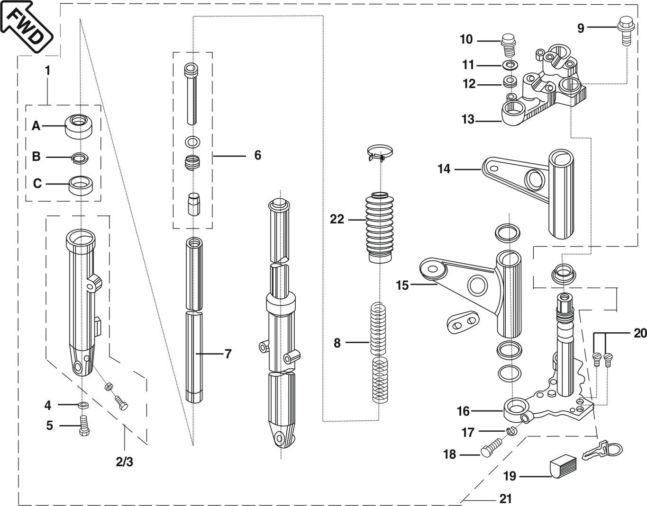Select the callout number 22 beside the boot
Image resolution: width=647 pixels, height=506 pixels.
click(x=337, y=220)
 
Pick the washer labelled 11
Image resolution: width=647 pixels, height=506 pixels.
click(x=510, y=64)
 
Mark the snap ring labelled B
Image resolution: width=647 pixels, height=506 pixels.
click(x=79, y=158)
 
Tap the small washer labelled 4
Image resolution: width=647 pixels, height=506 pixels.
click(x=84, y=405)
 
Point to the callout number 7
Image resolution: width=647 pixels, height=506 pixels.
click(x=228, y=354)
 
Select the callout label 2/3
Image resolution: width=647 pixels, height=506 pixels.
click(x=124, y=462)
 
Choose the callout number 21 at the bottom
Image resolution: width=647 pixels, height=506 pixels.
click(x=505, y=498)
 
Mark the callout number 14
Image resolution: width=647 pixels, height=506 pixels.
click(x=444, y=169)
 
